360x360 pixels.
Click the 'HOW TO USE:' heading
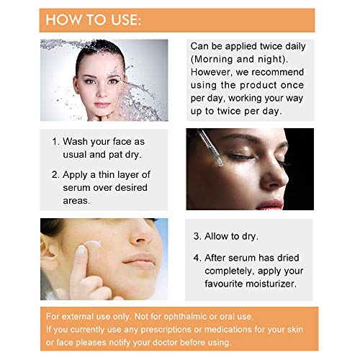[94, 19]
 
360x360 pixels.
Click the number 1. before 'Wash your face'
[55, 142]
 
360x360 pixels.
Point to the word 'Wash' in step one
[75, 142]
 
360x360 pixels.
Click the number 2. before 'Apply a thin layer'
[55, 175]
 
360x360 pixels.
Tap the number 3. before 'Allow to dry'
[197, 236]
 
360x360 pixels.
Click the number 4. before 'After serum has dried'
[197, 258]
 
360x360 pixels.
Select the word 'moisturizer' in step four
[270, 284]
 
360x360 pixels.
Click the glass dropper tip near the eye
[220, 163]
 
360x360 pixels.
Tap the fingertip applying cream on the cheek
[81, 251]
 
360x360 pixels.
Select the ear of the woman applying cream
[49, 252]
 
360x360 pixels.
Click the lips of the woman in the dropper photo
[271, 204]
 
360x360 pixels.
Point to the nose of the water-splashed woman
[102, 91]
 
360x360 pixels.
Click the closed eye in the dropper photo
[240, 157]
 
